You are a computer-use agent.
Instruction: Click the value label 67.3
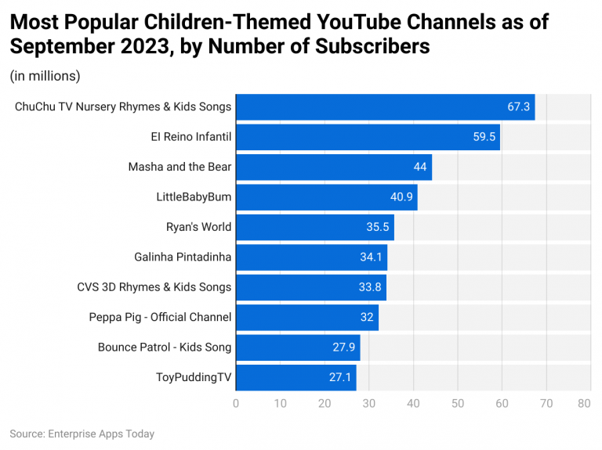click(x=519, y=106)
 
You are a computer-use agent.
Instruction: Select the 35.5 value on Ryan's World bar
click(x=377, y=227)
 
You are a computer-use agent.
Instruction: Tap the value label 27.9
click(x=343, y=347)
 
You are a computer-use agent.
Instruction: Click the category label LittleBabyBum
click(x=194, y=197)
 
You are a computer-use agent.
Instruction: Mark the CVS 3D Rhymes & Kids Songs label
click(x=154, y=287)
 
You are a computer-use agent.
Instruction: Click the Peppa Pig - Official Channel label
click(x=160, y=317)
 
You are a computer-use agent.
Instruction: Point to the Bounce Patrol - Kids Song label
click(x=165, y=347)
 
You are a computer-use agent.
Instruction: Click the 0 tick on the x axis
click(x=236, y=404)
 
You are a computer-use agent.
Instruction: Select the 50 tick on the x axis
click(x=457, y=404)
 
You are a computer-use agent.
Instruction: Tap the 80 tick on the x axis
click(x=584, y=404)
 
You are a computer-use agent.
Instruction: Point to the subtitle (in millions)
click(x=45, y=76)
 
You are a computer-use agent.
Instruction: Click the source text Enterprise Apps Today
click(x=100, y=434)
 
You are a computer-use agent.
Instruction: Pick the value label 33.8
click(x=370, y=287)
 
